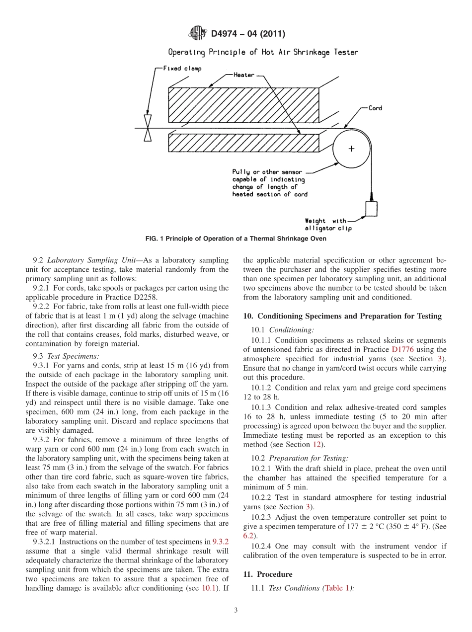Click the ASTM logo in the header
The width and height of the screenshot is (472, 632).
pyautogui.click(x=198, y=34)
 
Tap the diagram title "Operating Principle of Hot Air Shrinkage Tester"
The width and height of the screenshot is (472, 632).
pyautogui.click(x=263, y=52)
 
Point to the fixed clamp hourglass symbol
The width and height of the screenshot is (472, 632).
pyautogui.click(x=148, y=128)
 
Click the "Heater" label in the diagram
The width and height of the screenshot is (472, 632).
pyautogui.click(x=244, y=75)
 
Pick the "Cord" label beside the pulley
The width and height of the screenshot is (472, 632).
pyautogui.click(x=375, y=108)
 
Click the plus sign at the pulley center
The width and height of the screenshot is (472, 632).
pyautogui.click(x=351, y=149)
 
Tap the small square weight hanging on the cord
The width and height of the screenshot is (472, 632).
pyautogui.click(x=371, y=209)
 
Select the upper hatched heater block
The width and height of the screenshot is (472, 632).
pyautogui.click(x=243, y=105)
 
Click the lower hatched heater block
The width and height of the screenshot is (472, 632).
pyautogui.click(x=243, y=143)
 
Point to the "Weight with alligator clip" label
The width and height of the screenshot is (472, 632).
pyautogui.click(x=328, y=225)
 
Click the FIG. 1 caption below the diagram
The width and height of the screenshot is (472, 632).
pyautogui.click(x=236, y=239)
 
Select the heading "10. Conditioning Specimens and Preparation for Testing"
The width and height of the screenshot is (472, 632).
pyautogui.click(x=342, y=316)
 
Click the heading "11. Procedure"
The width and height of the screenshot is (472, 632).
pyautogui.click(x=267, y=574)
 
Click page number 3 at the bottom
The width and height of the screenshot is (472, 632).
pyautogui.click(x=236, y=611)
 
